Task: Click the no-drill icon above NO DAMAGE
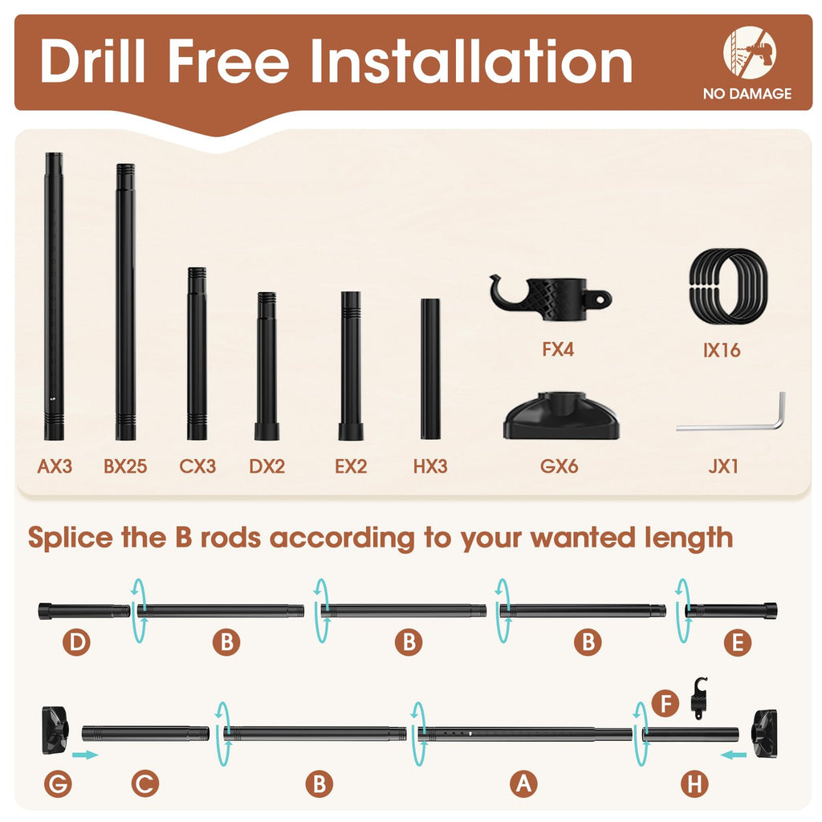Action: [750, 52]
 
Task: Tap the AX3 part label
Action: [55, 466]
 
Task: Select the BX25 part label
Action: [125, 466]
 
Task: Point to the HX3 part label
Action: [430, 466]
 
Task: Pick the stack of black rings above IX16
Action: [729, 287]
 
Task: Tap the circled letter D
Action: [76, 642]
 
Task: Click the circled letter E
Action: [737, 642]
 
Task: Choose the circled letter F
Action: [665, 703]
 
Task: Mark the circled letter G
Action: [58, 784]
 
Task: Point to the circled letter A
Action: [523, 784]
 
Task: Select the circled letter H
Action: [694, 784]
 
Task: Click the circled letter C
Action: [144, 784]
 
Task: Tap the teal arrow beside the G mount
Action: [85, 755]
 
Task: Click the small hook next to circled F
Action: [699, 698]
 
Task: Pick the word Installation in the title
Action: [471, 62]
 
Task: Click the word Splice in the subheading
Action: [71, 539]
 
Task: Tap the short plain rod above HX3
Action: [430, 369]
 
